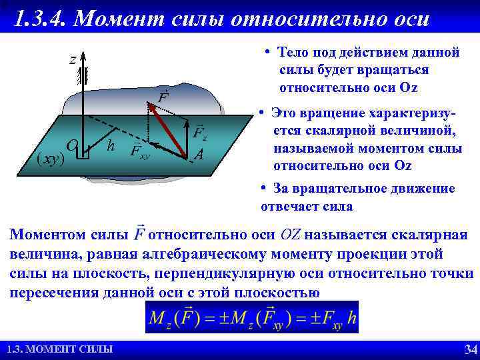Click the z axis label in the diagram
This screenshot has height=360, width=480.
click(72, 60)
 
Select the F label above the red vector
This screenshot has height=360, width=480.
click(163, 97)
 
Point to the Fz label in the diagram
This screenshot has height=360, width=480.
click(200, 133)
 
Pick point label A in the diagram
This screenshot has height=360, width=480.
click(198, 155)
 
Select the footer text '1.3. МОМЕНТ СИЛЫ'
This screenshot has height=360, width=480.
click(59, 349)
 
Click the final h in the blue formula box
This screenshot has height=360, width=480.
click(351, 318)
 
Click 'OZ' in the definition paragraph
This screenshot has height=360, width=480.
click(290, 235)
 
